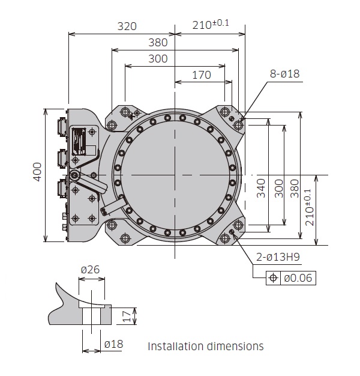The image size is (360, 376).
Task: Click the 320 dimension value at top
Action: click(127, 26)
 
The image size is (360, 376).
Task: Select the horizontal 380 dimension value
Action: click(157, 43)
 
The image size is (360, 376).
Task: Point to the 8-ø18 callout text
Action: click(284, 74)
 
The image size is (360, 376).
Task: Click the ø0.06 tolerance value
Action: click(298, 277)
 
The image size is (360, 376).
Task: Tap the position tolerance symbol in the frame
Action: click(273, 277)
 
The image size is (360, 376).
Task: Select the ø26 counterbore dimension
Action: click(91, 270)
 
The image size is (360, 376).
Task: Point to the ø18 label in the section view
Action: click(115, 344)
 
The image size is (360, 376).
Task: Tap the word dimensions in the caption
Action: click(236, 347)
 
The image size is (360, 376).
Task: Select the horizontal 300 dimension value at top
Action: click(157, 59)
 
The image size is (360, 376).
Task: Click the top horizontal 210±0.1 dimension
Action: click(210, 25)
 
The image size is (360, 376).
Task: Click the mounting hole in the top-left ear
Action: click(112, 125)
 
